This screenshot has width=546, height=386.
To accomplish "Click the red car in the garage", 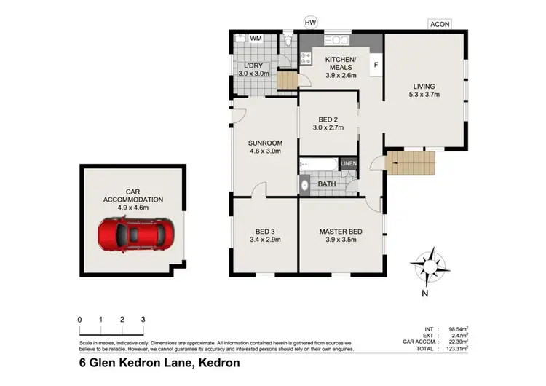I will tap(135, 235).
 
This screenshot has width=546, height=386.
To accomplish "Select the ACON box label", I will tap(439, 24).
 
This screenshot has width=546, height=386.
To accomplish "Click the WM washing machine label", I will tap(256, 38).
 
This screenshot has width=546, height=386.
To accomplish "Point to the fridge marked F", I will tap(376, 64).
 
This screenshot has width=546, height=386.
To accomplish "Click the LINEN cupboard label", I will tap(349, 164).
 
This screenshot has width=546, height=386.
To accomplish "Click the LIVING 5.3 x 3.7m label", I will tap(424, 90).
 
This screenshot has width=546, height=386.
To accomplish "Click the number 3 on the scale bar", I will tap(143, 320).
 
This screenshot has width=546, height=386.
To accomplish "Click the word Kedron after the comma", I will tap(218, 362).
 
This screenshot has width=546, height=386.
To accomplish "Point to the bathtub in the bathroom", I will tap(318, 165).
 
